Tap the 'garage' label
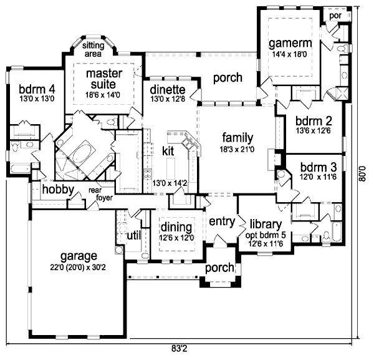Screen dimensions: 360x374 (79, 256)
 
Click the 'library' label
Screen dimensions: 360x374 (266, 224)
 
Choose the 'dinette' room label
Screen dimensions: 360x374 (167, 89)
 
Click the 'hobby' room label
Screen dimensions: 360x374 (58, 190)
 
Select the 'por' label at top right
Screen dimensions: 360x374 (335, 15)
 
